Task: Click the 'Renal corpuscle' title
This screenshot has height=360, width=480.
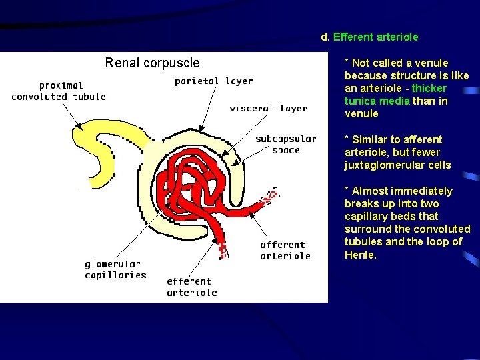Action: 152,63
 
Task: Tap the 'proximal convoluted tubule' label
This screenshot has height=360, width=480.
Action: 59,91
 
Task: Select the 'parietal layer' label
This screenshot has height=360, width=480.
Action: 213,81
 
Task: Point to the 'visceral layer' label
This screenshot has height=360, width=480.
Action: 268,108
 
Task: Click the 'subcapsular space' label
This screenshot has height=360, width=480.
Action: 285,144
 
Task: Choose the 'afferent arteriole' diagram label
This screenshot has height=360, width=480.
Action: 285,250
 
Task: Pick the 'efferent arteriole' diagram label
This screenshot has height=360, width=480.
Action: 191,287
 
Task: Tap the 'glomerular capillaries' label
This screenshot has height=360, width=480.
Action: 115,269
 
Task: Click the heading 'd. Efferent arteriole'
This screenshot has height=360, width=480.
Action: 369,37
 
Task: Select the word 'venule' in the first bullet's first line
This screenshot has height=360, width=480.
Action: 432,63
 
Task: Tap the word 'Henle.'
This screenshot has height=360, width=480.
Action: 361,254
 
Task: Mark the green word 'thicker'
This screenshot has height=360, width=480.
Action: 429,88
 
